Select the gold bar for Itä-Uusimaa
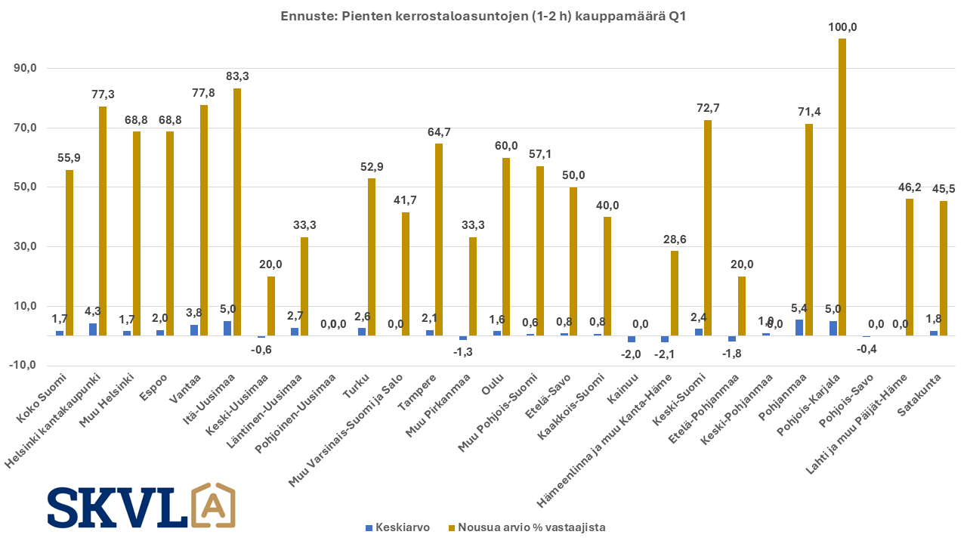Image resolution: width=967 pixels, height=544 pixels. (x=236, y=212)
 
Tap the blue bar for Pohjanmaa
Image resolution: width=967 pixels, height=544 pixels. (x=799, y=327)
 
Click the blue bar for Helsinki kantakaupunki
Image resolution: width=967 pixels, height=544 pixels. (x=93, y=329)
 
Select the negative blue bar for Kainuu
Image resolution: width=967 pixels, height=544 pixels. (x=632, y=338)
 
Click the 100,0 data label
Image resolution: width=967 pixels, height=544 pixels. (x=842, y=27)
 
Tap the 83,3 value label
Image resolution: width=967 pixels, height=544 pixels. (x=236, y=76)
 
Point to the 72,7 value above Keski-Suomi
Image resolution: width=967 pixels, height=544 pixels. (x=707, y=108)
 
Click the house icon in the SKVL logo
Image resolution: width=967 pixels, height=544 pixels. (x=212, y=505)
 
